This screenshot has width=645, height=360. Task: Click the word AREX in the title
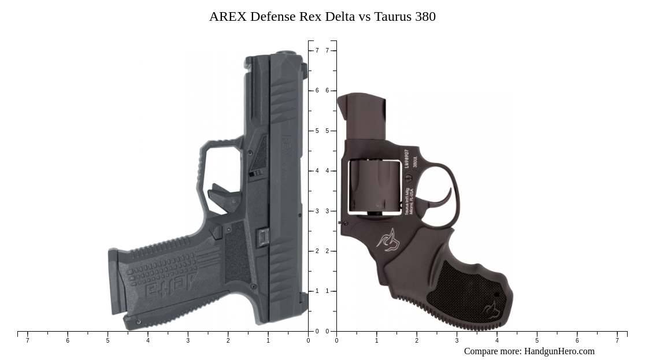228,17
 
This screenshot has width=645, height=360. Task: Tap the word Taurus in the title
392,17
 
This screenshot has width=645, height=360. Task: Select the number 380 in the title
425,17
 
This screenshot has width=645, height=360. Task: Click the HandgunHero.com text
559,351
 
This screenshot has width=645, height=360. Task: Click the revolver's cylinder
375,186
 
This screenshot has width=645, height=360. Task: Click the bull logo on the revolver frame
389,239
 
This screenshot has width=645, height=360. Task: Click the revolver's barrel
361,116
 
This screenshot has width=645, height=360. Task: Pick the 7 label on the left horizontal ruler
27,340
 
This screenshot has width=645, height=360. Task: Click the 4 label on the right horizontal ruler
496,340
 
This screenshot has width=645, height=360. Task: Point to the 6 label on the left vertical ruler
317,91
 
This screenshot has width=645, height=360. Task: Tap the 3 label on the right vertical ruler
327,211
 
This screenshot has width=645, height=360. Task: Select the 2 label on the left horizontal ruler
228,340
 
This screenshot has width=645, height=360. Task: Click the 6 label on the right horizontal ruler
577,340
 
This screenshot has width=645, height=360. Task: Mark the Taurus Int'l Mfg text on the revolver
407,202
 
